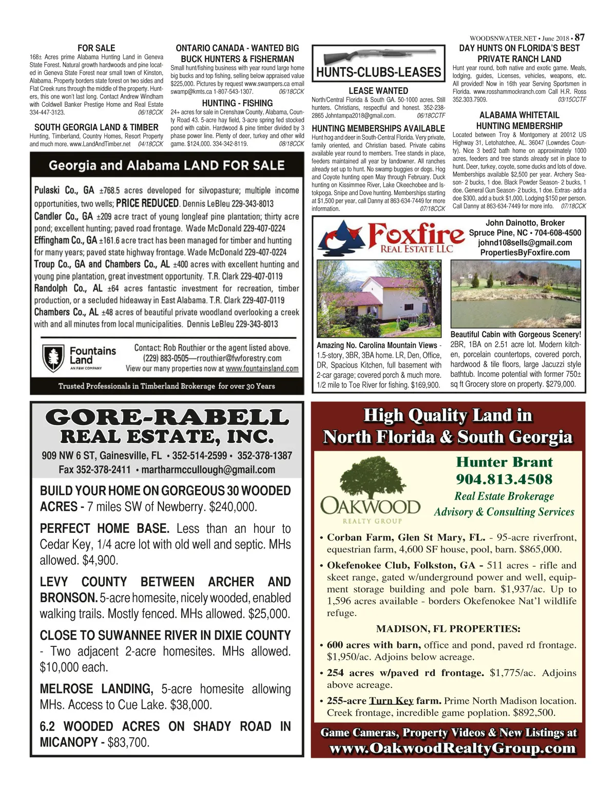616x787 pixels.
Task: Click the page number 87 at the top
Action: [x=580, y=37]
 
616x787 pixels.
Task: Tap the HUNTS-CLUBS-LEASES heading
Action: [x=378, y=72]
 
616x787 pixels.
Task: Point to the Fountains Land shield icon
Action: [x=52, y=357]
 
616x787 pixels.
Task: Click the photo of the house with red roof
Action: [x=379, y=298]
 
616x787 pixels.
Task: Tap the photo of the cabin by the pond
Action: [x=515, y=294]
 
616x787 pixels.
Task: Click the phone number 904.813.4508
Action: [x=504, y=479]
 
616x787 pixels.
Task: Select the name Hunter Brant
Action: [x=504, y=462]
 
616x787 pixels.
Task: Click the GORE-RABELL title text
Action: [x=167, y=417]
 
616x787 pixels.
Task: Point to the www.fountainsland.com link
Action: [x=262, y=369]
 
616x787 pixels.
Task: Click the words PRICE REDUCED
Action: [x=147, y=203]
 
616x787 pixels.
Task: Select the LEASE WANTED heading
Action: [x=378, y=91]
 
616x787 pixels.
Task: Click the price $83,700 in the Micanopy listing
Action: [x=128, y=742]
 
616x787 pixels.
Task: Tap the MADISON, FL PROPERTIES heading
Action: [x=448, y=629]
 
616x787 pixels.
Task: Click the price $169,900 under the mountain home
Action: [x=425, y=385]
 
